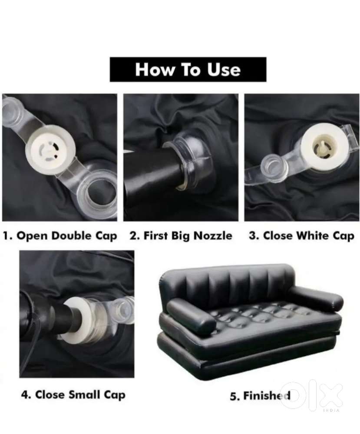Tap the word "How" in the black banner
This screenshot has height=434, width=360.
tap(155, 70)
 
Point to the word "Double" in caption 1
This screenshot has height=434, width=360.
tap(71, 236)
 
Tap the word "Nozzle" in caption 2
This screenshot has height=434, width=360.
tap(212, 236)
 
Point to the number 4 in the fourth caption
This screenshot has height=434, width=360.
tap(24, 395)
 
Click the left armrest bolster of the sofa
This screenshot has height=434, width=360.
tap(191, 317)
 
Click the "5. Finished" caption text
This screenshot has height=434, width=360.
tap(260, 396)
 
